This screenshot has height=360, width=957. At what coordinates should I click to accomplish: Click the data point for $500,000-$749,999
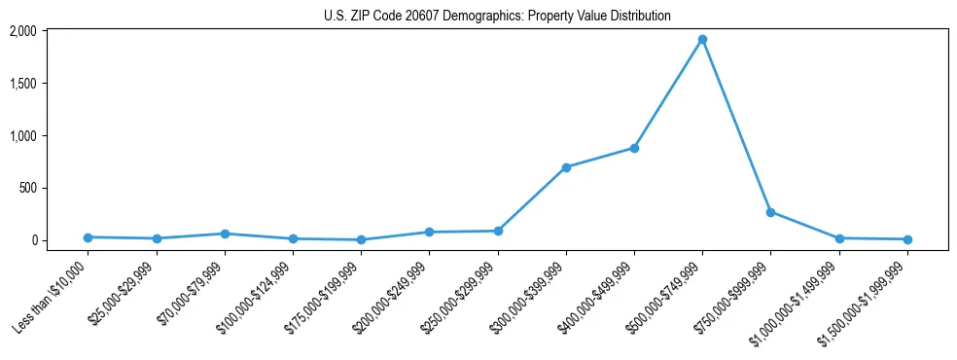coord(702,40)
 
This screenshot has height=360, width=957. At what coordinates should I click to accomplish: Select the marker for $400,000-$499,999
coord(634,149)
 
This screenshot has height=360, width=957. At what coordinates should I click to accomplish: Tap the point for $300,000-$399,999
coord(566,167)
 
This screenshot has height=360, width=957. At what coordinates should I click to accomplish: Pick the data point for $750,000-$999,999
coord(770,212)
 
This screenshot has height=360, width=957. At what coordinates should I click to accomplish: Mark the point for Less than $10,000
coord(88,237)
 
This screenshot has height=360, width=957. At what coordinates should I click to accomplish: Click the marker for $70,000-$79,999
coord(225,234)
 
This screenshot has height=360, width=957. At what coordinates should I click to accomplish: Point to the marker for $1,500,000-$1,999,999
coord(907,239)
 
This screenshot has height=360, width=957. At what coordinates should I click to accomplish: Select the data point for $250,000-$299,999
coord(498,231)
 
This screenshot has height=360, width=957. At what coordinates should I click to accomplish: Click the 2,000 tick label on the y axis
coord(50,31)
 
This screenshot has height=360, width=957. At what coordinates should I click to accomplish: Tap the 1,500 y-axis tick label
coord(50,84)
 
